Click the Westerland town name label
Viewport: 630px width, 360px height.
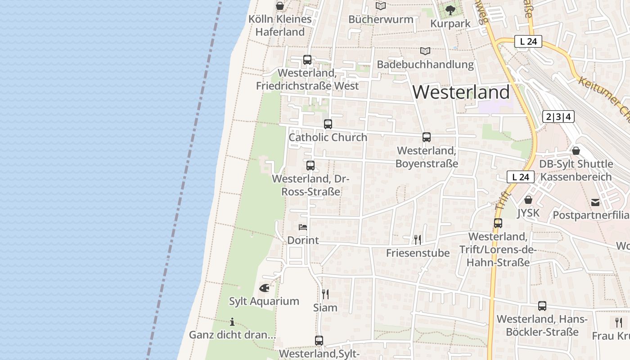[x=461, y=92]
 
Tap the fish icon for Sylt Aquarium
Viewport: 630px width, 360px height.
[x=264, y=288]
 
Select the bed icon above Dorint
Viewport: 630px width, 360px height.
[x=303, y=227]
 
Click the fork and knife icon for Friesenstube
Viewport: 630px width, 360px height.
[x=418, y=239]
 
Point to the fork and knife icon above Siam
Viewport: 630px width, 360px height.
[x=325, y=294]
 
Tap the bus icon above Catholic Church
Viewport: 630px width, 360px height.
[x=328, y=124]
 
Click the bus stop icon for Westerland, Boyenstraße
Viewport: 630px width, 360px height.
[x=426, y=137]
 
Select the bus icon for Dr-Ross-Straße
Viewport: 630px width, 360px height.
[x=310, y=165]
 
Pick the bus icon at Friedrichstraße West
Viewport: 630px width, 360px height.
[x=307, y=60]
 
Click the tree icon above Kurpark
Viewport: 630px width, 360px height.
[x=450, y=10]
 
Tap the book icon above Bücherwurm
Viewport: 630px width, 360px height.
[x=381, y=6]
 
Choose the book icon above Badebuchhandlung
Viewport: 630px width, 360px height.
[x=425, y=51]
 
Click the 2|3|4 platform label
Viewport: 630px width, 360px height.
[x=558, y=117]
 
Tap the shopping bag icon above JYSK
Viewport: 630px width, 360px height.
[x=528, y=199]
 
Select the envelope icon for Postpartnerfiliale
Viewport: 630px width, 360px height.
[x=595, y=202]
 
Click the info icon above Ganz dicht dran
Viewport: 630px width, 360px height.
[x=232, y=322]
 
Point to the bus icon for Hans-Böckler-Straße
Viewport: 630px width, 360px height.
[x=542, y=306]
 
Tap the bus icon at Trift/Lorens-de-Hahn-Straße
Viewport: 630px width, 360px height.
[x=498, y=223]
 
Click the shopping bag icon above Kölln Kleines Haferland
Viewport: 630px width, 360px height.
[x=279, y=6]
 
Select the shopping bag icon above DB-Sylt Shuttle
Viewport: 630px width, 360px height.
[x=576, y=151]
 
